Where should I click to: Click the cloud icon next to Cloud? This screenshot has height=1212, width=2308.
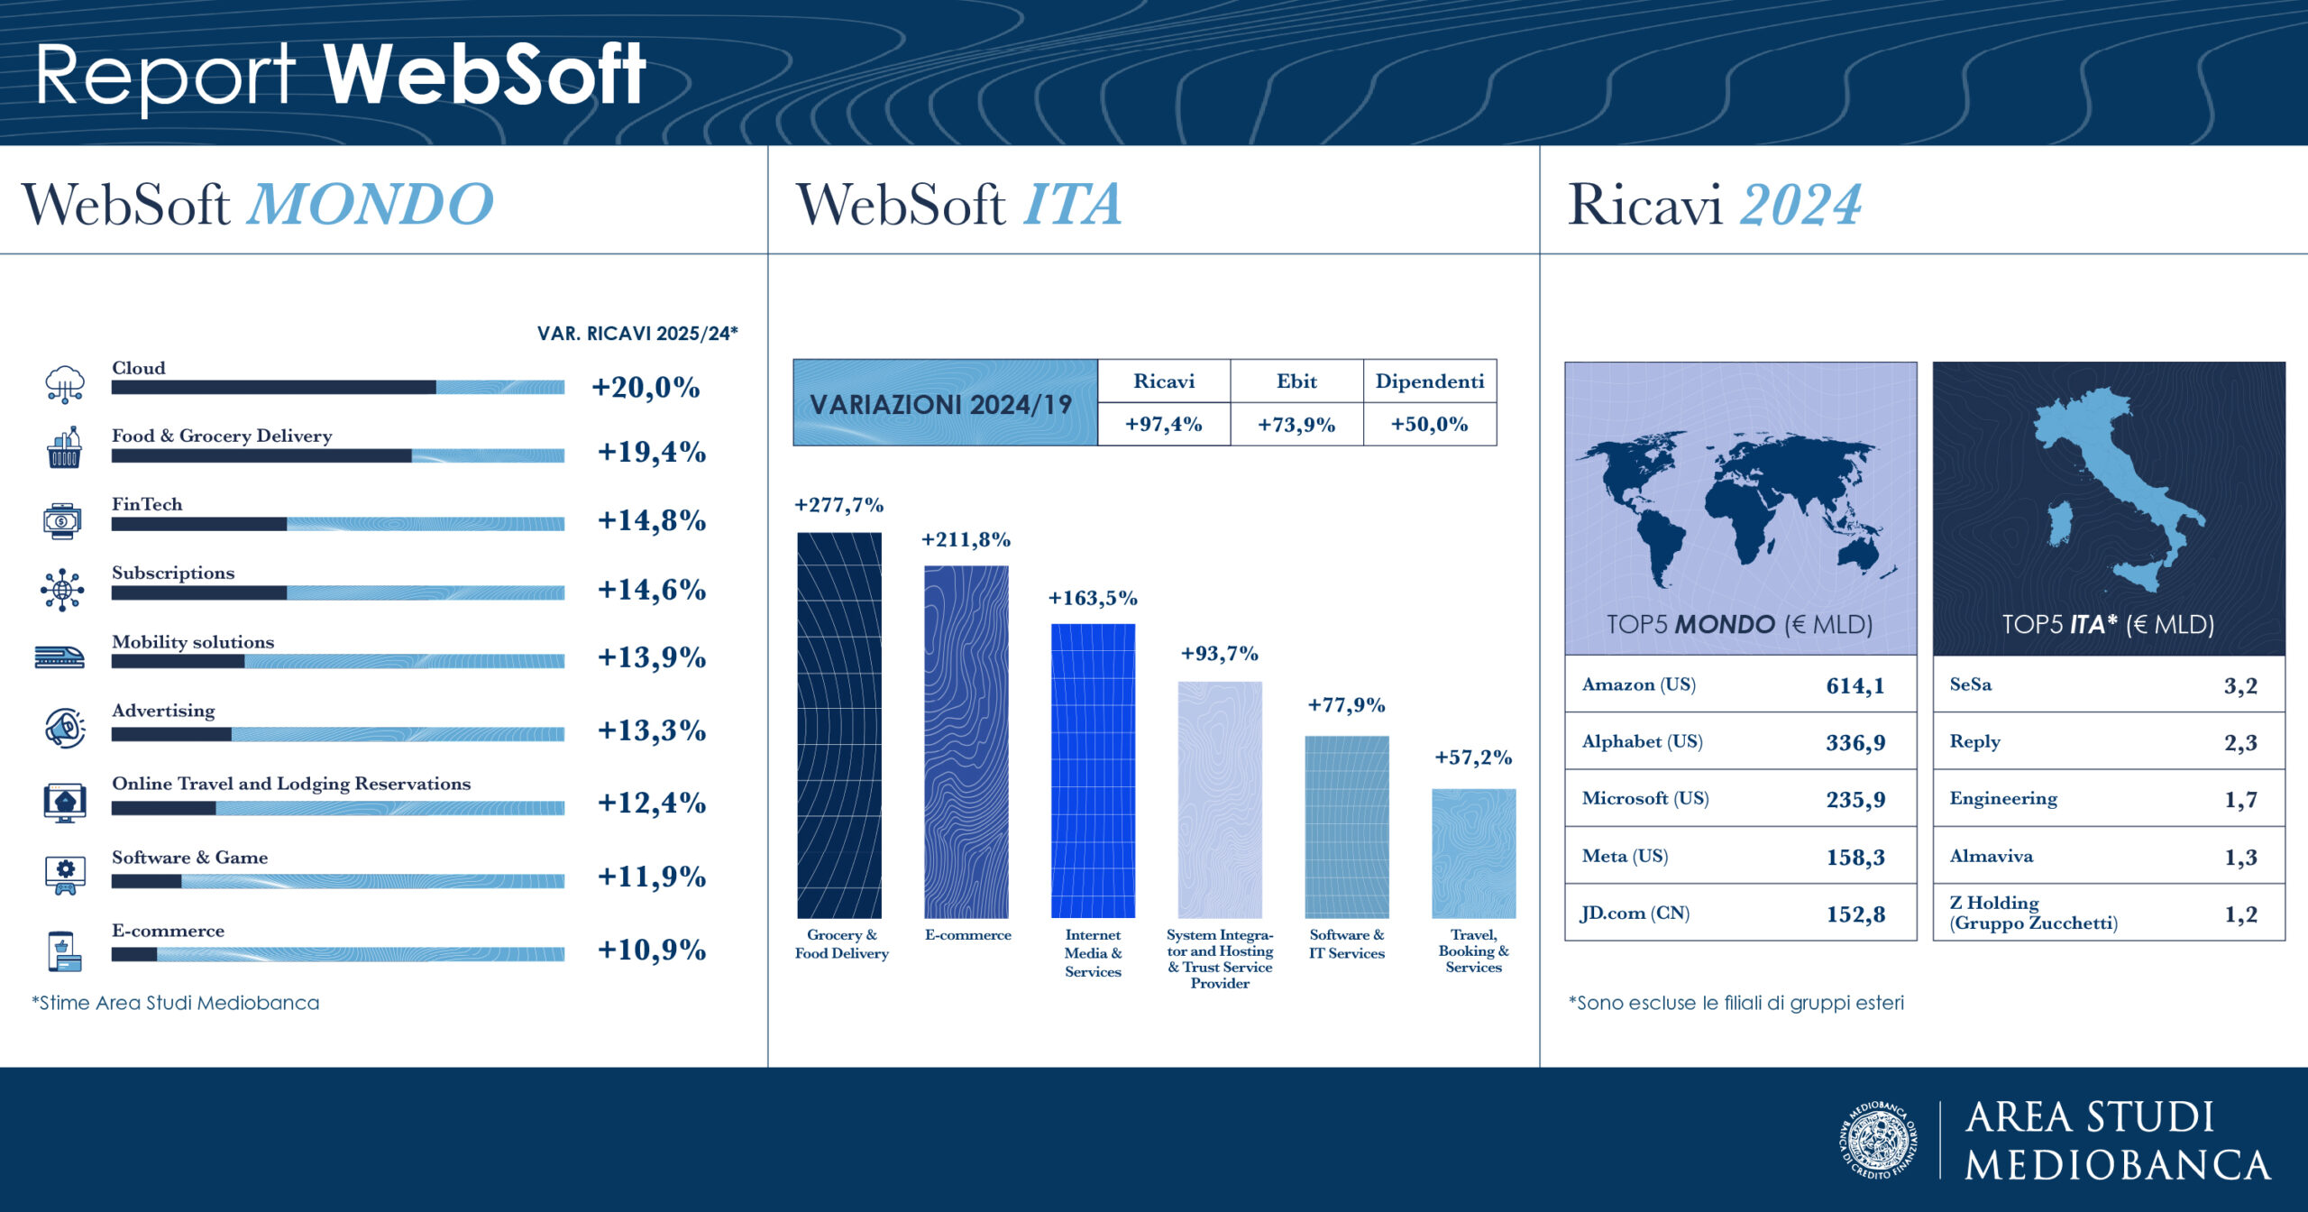click(65, 383)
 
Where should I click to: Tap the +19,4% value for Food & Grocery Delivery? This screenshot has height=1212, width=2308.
click(651, 452)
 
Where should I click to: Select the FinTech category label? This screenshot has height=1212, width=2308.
click(147, 504)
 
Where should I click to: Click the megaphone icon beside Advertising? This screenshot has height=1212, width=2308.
click(65, 728)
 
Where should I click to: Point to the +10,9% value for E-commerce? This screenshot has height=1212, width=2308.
click(651, 950)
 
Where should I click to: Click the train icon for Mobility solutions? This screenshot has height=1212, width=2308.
click(60, 657)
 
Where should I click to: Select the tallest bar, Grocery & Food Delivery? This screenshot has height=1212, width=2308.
click(839, 725)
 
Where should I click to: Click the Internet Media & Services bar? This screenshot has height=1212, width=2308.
click(1093, 770)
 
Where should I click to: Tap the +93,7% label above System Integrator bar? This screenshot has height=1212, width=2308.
click(1219, 653)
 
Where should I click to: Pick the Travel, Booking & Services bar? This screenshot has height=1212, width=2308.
click(1473, 853)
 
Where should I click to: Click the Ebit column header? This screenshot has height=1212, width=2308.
click(1296, 381)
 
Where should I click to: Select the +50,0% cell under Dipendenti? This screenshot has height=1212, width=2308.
click(1429, 424)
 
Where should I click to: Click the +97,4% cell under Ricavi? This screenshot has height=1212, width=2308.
click(1163, 424)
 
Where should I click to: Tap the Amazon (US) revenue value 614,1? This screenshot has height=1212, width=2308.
click(1855, 685)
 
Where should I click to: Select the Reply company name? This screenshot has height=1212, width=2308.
click(1974, 741)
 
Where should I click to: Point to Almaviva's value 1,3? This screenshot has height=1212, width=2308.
click(2240, 857)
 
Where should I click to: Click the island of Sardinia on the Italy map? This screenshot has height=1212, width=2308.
click(2060, 524)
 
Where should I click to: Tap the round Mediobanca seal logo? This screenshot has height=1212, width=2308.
click(1879, 1140)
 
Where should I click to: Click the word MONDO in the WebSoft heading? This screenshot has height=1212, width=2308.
click(371, 205)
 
